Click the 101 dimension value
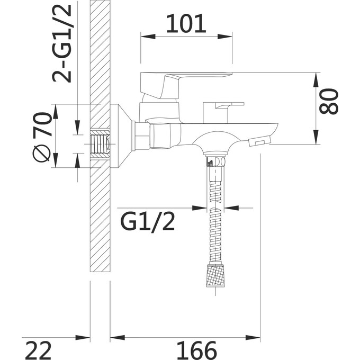(186, 23)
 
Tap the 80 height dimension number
(329, 102)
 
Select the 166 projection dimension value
(197, 350)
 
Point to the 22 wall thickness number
(38, 350)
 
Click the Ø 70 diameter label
(42, 137)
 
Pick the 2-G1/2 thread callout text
(62, 43)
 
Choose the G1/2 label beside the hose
(147, 221)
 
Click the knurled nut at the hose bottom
(215, 275)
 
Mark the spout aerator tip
(259, 140)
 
